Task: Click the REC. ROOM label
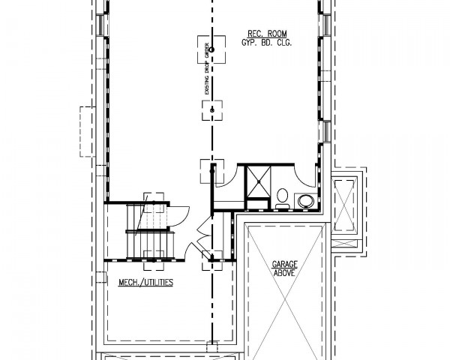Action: tap(267, 34)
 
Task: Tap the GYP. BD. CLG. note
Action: tap(267, 43)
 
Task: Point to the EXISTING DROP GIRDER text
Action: tap(207, 69)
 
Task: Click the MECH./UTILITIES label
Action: tap(145, 283)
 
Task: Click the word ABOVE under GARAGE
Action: tap(284, 273)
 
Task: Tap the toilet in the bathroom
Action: tap(283, 198)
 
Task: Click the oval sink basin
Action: tap(305, 201)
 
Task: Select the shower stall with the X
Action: tap(259, 181)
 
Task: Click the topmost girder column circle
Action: tap(211, 49)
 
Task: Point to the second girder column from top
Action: tap(212, 110)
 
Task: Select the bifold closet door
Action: tap(204, 229)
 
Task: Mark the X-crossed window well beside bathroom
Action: tap(344, 205)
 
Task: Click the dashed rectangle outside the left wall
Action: tap(88, 132)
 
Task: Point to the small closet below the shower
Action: tap(257, 205)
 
